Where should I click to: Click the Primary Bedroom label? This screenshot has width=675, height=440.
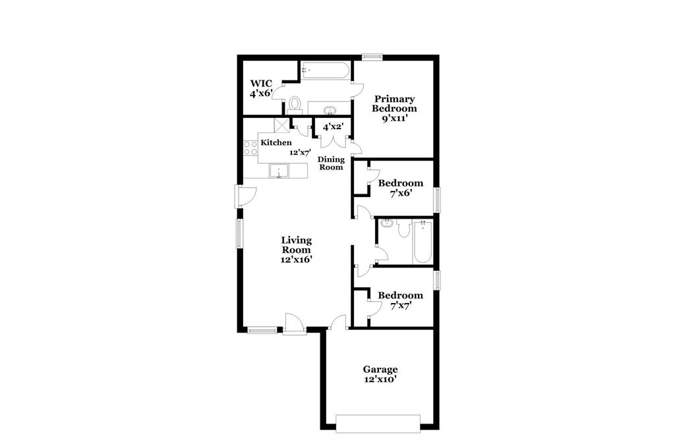[394, 104]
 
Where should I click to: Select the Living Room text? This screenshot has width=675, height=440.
[297, 245]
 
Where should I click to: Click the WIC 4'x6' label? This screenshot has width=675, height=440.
[260, 89]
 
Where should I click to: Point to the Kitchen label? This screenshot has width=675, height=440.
[276, 142]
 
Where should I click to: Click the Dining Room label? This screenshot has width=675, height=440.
[331, 163]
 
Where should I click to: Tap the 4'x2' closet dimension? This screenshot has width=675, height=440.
[333, 127]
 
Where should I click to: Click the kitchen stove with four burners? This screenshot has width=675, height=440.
[250, 149]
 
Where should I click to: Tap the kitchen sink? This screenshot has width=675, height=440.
[280, 171]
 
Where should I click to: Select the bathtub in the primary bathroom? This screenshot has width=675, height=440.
[326, 70]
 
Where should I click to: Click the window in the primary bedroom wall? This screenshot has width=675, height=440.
[372, 57]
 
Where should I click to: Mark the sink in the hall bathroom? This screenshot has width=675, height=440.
[387, 224]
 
